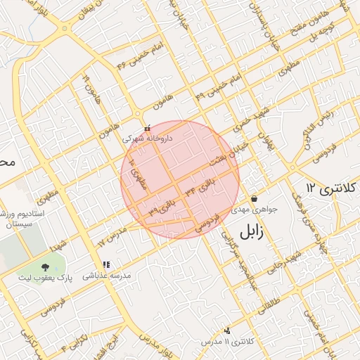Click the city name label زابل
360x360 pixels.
tap(254, 232)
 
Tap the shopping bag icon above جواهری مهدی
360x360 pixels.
tap(254, 198)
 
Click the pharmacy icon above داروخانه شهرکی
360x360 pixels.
tap(147, 129)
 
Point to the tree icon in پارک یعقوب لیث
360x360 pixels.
tap(46, 267)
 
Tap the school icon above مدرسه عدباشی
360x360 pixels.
tap(106, 265)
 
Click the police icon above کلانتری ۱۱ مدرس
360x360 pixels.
tap(226, 330)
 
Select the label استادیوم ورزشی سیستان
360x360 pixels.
tap(21, 219)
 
